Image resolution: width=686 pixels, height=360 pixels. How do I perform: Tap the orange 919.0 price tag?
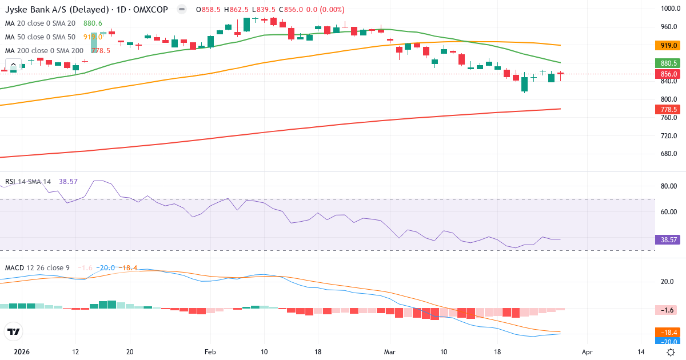tap(666, 45)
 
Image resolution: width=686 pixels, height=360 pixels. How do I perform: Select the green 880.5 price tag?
tap(666, 63)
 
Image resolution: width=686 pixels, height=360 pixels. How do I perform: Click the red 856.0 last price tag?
tap(666, 74)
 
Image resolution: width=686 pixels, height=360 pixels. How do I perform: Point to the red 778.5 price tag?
tap(666, 109)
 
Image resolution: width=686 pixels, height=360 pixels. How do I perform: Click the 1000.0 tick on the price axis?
tap(669, 9)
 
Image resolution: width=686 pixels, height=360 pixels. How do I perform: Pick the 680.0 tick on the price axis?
tap(668, 154)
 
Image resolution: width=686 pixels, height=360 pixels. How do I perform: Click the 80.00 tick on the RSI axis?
tap(668, 186)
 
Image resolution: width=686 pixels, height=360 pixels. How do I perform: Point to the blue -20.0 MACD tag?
tap(666, 342)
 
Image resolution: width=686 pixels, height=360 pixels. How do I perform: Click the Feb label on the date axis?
tap(210, 352)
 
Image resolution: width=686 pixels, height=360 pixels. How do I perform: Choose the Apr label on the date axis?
tap(587, 352)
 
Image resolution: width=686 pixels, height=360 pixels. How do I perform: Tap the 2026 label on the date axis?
tap(22, 352)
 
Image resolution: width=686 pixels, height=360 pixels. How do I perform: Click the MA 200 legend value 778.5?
tap(101, 50)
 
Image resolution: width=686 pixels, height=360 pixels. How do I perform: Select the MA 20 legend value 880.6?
tap(93, 23)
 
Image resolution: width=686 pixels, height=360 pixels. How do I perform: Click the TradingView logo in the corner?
tap(14, 331)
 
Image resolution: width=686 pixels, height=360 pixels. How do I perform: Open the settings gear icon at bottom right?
tap(671, 352)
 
